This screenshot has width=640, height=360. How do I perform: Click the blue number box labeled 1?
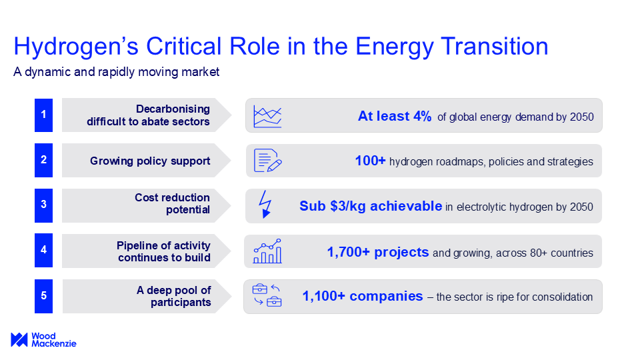tap(44, 115)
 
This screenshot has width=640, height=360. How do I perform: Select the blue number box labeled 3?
tap(44, 205)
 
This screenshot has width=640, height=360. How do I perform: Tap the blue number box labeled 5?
tap(44, 296)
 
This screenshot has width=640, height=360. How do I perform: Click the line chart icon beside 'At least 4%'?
tap(267, 116)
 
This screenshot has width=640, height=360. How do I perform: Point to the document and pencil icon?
tap(268, 161)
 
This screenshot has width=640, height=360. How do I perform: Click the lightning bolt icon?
tap(265, 204)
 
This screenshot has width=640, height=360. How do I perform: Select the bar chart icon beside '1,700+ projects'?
tap(267, 251)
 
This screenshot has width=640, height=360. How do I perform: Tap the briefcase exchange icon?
tap(267, 295)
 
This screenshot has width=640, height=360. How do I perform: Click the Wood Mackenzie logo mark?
tap(19, 339)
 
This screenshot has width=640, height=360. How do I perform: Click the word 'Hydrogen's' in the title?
tap(76, 47)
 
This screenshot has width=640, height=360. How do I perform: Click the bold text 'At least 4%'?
tap(395, 116)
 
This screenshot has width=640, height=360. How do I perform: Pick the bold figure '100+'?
tap(370, 161)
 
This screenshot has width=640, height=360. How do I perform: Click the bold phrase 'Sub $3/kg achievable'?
tap(371, 206)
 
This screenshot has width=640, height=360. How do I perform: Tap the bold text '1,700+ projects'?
tap(378, 252)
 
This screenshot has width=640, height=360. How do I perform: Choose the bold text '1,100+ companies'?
tap(363, 296)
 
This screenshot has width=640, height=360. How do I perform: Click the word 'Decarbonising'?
tap(173, 109)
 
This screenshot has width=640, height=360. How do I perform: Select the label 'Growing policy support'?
tap(150, 161)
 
